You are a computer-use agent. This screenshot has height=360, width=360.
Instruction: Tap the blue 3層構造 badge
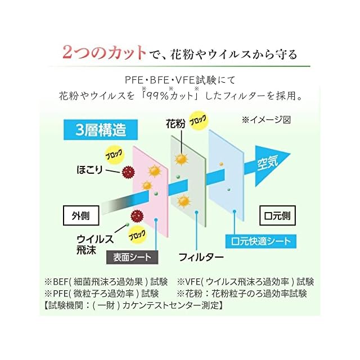pyautogui.click(x=101, y=130)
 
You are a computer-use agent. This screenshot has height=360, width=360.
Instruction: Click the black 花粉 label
pyautogui.click(x=175, y=123)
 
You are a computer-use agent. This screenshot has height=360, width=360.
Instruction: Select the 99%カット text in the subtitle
pyautogui.click(x=169, y=96)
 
